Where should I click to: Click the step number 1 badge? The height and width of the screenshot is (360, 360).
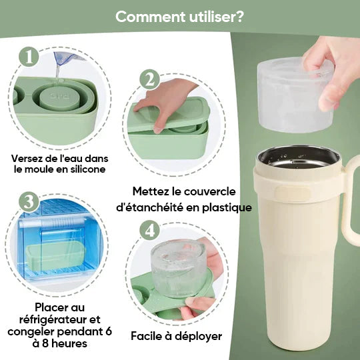tap(29, 56)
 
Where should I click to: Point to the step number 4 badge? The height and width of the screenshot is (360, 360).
tap(149, 230)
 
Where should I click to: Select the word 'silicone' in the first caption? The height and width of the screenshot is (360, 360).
tap(87, 171)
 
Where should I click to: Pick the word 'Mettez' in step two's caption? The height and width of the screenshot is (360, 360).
tap(152, 191)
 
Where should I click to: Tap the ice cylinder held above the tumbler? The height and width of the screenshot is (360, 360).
tap(291, 93)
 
